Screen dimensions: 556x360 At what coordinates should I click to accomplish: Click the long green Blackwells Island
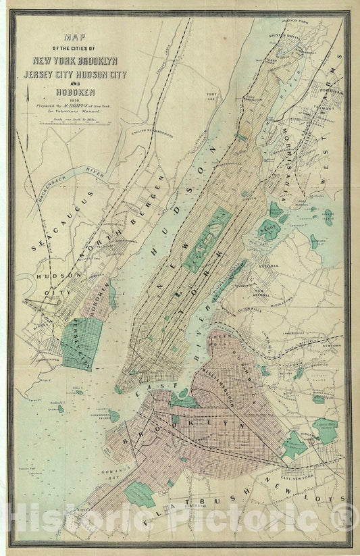pos(228,274)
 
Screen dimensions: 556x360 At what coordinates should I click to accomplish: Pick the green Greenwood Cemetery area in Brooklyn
pos(142,495)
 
